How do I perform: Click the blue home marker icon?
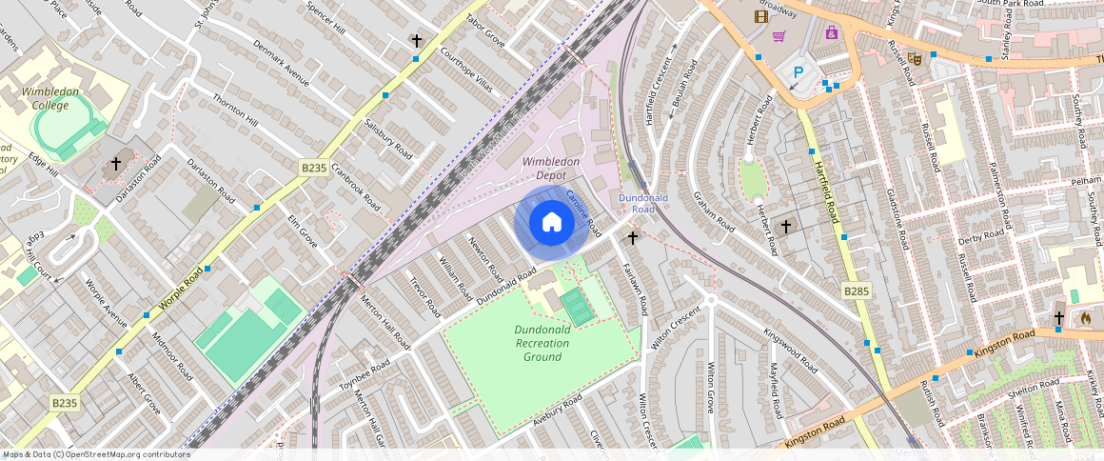(x=551, y=223)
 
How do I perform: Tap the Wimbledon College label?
(x=45, y=98)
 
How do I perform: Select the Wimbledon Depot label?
(x=550, y=169)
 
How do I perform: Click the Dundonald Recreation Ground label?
(x=542, y=343)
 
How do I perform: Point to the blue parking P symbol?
(x=798, y=71)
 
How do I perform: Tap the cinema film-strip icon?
(x=760, y=16)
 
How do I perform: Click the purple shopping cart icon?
(x=779, y=36)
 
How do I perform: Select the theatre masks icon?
(x=915, y=58)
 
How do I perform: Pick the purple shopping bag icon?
(x=832, y=32)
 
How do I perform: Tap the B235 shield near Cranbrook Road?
(x=314, y=168)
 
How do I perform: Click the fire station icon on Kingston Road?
(x=1086, y=318)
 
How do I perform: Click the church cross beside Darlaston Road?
(x=116, y=164)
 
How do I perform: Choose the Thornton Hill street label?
(x=235, y=110)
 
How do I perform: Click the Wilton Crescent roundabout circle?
(x=710, y=301)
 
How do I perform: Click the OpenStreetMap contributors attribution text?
(x=95, y=454)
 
